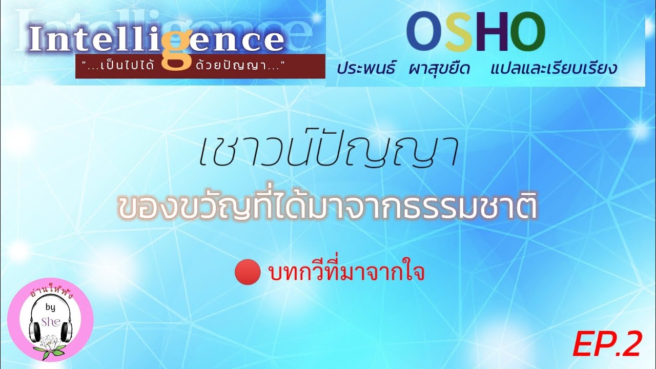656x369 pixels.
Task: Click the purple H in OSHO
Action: click(x=491, y=33)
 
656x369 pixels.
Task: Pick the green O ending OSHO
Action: click(x=526, y=33)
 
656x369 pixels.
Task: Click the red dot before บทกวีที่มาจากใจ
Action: click(x=248, y=273)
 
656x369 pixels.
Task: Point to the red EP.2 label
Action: click(x=607, y=343)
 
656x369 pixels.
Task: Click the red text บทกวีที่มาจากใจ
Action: click(x=346, y=273)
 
